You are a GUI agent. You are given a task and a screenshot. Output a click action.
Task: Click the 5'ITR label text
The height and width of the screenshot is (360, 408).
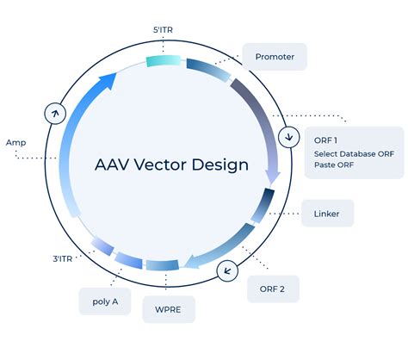[163, 30]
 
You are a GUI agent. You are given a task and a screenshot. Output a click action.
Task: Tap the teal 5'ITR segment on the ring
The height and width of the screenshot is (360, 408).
[164, 61]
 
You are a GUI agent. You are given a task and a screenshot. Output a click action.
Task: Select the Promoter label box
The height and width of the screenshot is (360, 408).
[275, 57]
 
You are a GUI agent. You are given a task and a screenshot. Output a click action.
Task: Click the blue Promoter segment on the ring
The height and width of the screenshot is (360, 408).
[209, 69]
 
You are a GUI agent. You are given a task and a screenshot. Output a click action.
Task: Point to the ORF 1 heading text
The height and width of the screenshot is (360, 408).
[325, 140]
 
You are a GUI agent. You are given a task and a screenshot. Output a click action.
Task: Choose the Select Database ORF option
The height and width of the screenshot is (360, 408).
[354, 154]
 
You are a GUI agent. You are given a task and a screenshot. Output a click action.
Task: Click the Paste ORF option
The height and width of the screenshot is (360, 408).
[334, 164]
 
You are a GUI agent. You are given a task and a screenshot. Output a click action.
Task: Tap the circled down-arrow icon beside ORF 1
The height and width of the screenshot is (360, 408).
[289, 137]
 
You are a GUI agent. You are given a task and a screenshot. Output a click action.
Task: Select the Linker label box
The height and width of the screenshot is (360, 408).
[328, 214]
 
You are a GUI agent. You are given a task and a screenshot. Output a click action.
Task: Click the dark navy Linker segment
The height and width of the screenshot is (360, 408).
[263, 205]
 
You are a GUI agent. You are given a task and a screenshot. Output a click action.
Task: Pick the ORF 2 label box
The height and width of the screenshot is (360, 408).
[273, 289]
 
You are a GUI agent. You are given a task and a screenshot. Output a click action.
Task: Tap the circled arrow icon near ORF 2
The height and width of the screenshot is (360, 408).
[227, 270]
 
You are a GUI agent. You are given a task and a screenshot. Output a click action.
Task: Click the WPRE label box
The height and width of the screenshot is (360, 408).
[169, 309]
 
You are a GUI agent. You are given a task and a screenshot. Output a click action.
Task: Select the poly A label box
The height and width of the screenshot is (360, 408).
[105, 301]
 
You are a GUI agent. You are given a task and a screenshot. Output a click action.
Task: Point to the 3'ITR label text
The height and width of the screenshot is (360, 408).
[63, 259]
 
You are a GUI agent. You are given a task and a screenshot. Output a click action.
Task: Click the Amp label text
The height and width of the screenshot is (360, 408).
[16, 142]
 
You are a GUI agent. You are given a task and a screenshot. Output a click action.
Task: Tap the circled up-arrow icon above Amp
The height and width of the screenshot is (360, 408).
[55, 114]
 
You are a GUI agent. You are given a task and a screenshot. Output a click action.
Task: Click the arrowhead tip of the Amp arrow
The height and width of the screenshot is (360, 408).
[116, 73]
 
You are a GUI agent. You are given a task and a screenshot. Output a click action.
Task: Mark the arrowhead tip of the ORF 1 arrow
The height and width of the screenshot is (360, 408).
[271, 184]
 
